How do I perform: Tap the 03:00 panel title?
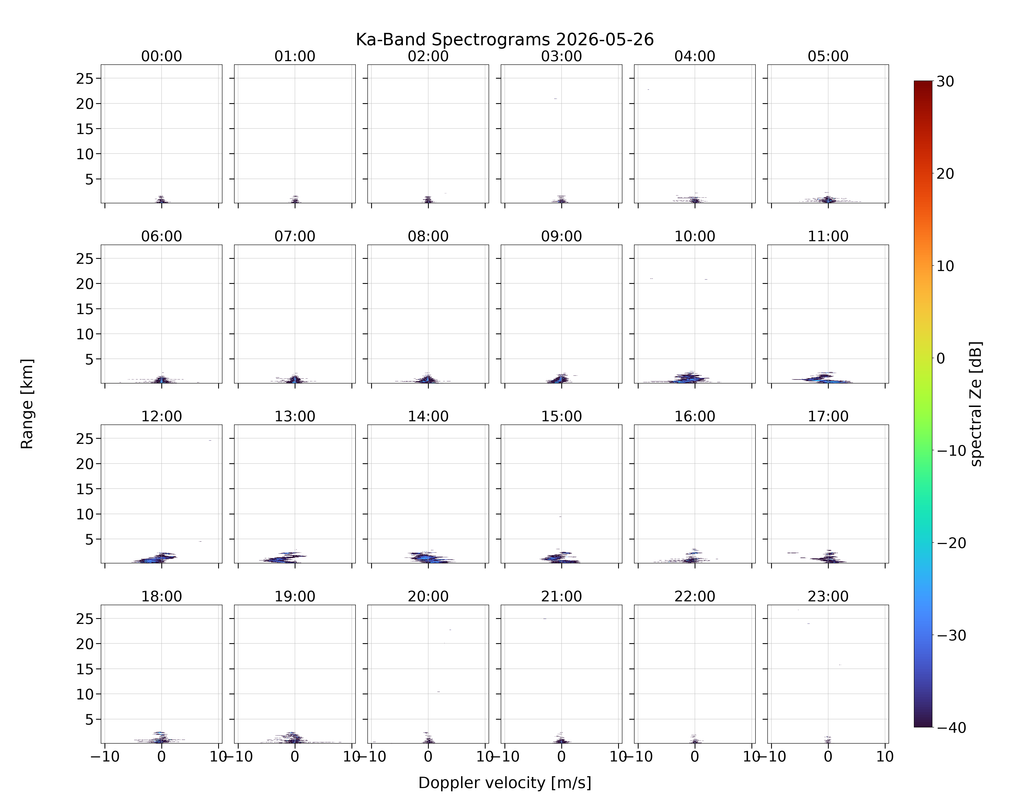[561, 56]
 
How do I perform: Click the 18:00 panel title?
[162, 596]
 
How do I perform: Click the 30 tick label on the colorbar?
[945, 81]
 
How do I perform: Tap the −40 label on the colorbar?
[951, 727]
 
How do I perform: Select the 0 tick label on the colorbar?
[941, 358]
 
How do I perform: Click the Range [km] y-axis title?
[27, 404]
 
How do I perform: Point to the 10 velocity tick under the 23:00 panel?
[885, 757]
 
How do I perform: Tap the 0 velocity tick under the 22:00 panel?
[695, 757]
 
